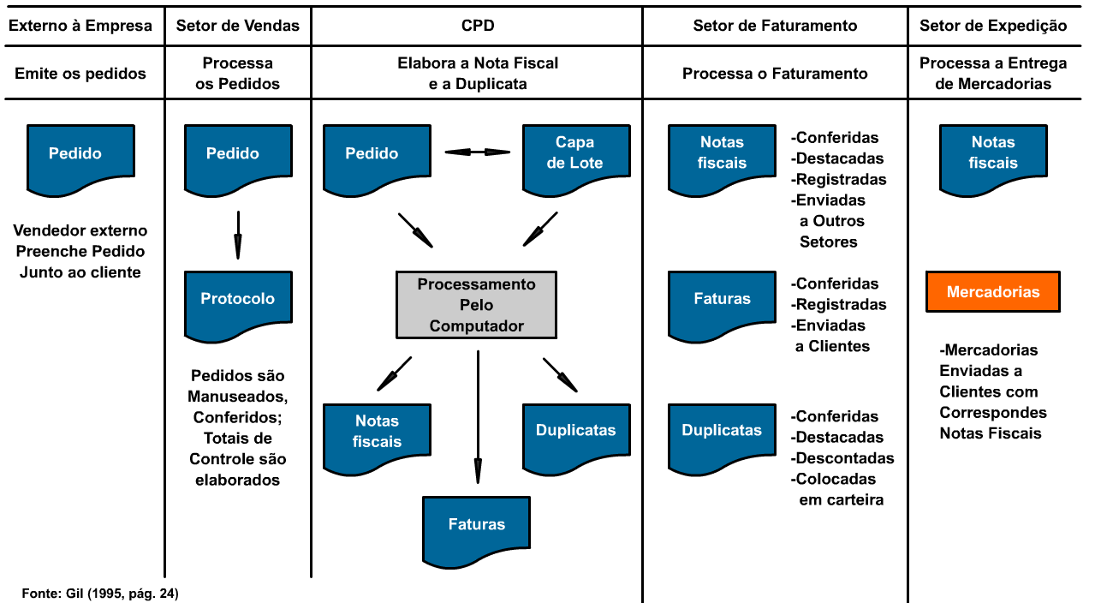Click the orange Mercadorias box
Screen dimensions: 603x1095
click(993, 292)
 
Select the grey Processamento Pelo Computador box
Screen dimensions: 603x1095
click(476, 304)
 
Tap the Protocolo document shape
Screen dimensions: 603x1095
click(238, 301)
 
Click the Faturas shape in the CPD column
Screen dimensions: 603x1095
click(477, 526)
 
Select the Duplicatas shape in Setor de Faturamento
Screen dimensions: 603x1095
click(722, 433)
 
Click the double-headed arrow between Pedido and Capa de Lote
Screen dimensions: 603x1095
click(477, 152)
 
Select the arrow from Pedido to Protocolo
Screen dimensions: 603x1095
click(237, 234)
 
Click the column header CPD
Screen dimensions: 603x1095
click(476, 26)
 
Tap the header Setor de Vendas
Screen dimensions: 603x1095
click(237, 26)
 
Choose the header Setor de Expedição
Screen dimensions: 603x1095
click(993, 26)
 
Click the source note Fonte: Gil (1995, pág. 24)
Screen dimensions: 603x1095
click(100, 593)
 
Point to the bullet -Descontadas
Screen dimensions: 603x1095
click(842, 458)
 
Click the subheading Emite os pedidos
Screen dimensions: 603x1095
click(80, 74)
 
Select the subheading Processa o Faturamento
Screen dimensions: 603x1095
click(775, 74)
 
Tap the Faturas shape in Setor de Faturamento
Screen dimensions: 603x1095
click(722, 301)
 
